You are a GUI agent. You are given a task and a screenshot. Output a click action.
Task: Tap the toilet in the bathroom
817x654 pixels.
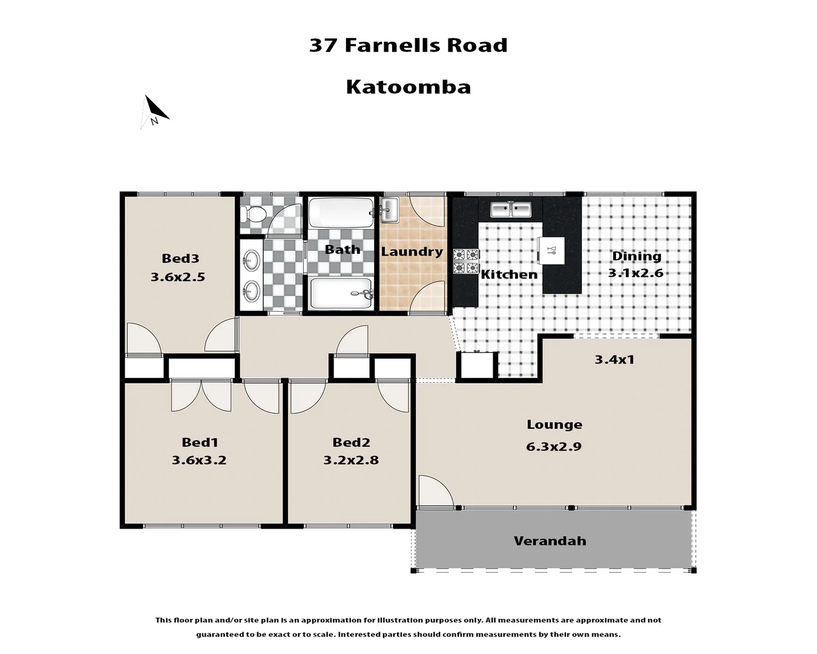tap(252, 214)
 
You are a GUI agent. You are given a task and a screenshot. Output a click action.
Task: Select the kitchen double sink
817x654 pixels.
tap(510, 210)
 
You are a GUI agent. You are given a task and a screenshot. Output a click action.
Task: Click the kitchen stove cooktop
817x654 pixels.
tap(466, 261)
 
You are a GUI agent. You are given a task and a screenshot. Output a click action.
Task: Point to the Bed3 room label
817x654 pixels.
tap(180, 259)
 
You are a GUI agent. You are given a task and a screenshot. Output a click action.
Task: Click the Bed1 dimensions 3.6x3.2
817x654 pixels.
tap(199, 460)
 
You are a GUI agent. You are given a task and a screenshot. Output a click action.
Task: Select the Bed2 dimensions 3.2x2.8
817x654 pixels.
tap(351, 460)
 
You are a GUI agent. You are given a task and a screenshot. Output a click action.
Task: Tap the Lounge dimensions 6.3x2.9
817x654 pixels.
tap(554, 447)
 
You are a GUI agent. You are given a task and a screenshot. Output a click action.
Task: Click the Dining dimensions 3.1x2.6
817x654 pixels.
tap(635, 273)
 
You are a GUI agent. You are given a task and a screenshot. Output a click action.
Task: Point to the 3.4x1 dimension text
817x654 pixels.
tap(614, 360)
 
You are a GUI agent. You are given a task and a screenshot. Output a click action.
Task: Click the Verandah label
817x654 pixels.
tap(550, 541)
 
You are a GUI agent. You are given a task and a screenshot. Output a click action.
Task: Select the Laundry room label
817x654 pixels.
tap(412, 252)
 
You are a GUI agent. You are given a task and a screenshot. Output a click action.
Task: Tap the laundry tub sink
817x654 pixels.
tap(389, 210)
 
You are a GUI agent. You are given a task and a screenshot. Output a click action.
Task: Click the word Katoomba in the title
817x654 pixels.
tap(408, 87)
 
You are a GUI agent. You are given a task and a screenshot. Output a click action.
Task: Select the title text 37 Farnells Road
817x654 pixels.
tap(408, 45)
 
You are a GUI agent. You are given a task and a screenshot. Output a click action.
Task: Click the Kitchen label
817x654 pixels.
tap(509, 274)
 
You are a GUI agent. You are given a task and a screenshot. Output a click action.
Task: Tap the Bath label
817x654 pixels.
tap(342, 249)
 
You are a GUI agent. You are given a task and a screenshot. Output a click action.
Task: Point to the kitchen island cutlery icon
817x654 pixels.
tap(551, 250)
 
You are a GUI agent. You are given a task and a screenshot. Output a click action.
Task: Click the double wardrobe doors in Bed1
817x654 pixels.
tap(201, 395)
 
